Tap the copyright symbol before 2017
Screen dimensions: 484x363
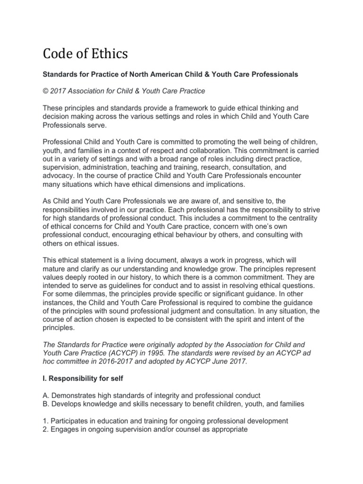tap(46, 90)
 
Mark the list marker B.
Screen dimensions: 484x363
tap(45, 404)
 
